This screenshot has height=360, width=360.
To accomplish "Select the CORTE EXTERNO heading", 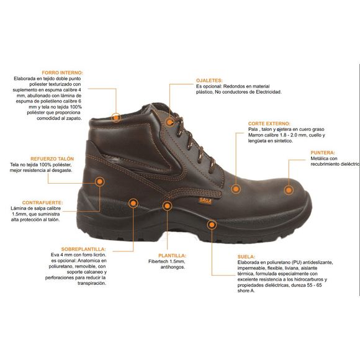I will pos(269,124).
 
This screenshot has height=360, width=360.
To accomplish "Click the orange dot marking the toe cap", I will pos(289,189).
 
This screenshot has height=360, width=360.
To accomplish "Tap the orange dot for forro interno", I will pos(115,117).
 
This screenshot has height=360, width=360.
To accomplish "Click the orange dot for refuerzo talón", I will pos(99,181).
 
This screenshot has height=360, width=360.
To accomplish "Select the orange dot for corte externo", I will pos(235,187).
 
